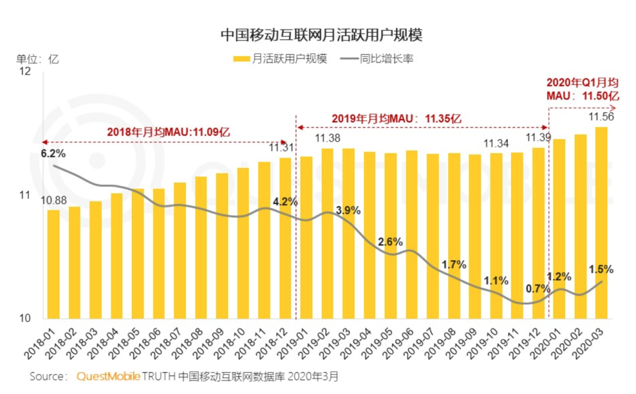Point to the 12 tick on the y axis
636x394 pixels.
[24, 72]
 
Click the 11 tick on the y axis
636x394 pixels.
[24, 195]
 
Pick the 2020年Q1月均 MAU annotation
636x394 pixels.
[582, 88]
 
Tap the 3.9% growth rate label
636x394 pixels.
[348, 211]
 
